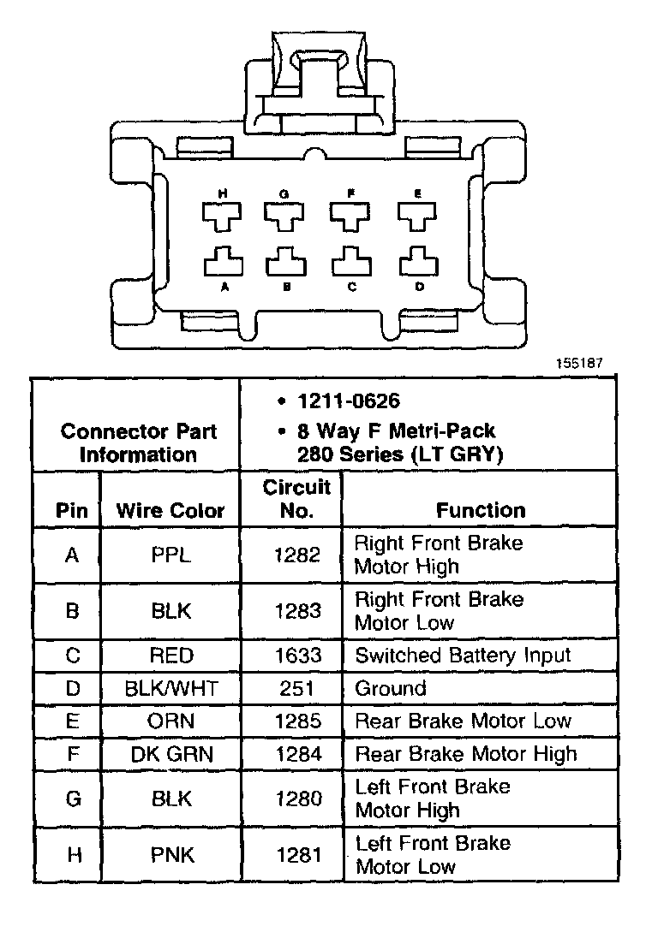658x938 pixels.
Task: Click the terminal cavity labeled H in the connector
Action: pyautogui.click(x=222, y=215)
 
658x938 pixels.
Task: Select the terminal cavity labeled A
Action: pyautogui.click(x=224, y=260)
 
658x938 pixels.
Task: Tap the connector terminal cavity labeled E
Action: pyautogui.click(x=417, y=215)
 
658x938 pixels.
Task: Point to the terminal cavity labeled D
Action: pyautogui.click(x=417, y=260)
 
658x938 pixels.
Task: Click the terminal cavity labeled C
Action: pyautogui.click(x=351, y=260)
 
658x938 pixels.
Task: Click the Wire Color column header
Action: pyautogui.click(x=170, y=511)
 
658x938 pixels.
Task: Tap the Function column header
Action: pyautogui.click(x=480, y=510)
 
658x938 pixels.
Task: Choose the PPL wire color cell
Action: pyautogui.click(x=170, y=555)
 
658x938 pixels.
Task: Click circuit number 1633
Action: pyautogui.click(x=297, y=656)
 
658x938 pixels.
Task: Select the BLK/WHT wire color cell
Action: pyautogui.click(x=170, y=688)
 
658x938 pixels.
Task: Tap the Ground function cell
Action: pyautogui.click(x=390, y=688)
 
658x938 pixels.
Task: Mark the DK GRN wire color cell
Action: pyautogui.click(x=170, y=754)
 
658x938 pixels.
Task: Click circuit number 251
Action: pyautogui.click(x=297, y=688)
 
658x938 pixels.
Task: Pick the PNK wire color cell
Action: pyautogui.click(x=170, y=854)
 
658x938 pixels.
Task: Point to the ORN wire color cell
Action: pyautogui.click(x=170, y=721)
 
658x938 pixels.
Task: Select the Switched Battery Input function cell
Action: pyautogui.click(x=462, y=656)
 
